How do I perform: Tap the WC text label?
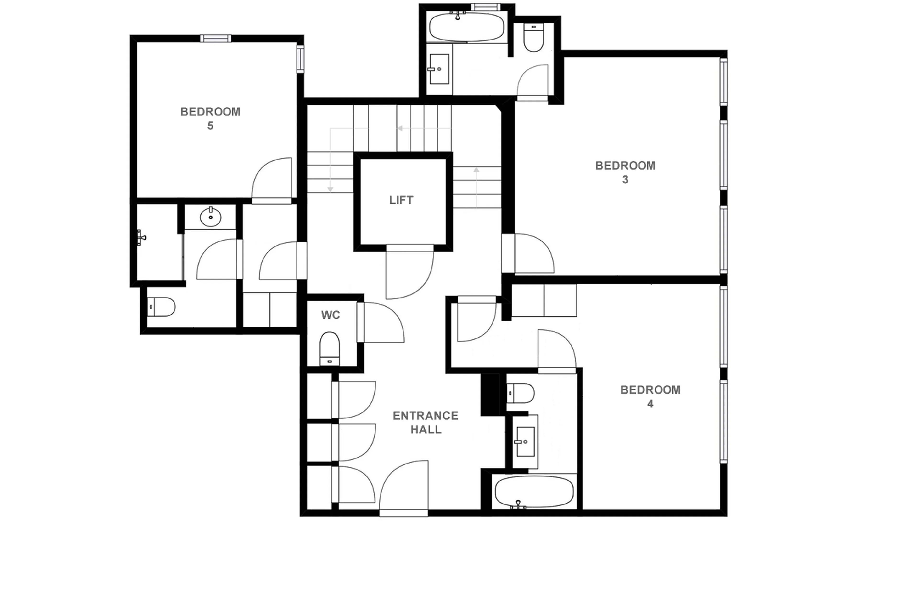331,315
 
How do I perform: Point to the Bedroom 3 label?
625,172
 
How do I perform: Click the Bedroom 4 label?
650,396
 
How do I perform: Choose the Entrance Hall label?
425,422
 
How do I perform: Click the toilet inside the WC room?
329,348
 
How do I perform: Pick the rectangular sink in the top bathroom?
439,69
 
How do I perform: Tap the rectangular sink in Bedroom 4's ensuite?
525,441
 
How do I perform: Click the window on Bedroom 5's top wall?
216,38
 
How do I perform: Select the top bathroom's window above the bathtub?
485,7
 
